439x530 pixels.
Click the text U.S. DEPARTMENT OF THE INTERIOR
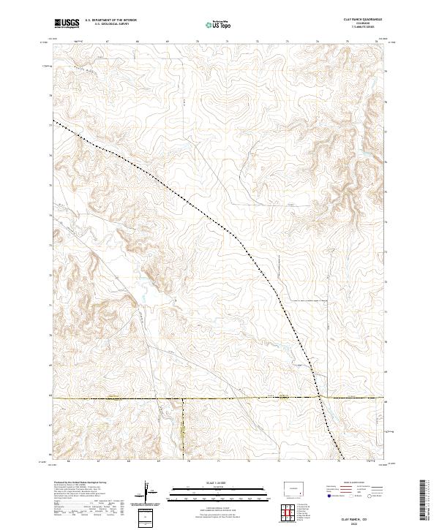[110, 20]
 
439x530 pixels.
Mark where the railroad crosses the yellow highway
[320, 398]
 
